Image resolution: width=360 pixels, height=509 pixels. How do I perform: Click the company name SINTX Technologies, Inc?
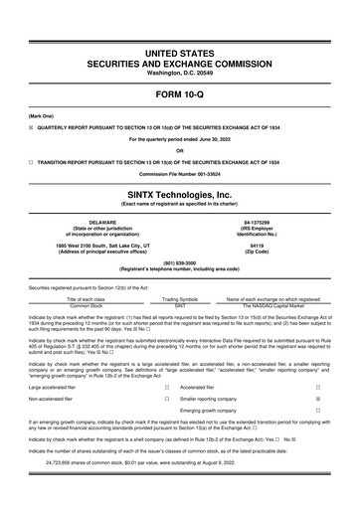point(179,194)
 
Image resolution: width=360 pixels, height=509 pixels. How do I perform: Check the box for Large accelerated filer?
point(165,385)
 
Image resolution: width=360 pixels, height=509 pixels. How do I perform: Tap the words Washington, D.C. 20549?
point(179,74)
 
